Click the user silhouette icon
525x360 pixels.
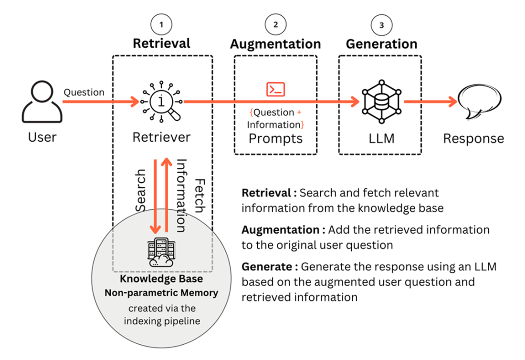(42, 102)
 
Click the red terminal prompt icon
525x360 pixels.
(275, 89)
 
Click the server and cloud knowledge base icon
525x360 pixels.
(161, 252)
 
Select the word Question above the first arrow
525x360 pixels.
(84, 92)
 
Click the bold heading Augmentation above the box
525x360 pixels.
(275, 44)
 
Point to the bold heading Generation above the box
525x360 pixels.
(381, 44)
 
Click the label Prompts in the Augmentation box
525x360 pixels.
(275, 138)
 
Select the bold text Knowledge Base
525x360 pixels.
(161, 278)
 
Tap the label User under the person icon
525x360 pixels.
(42, 137)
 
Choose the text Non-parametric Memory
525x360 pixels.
(161, 292)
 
